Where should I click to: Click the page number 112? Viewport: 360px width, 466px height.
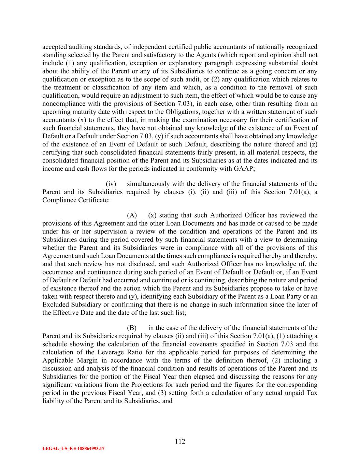coord(180,441)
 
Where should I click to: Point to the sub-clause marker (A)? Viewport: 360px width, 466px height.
coord(132,215)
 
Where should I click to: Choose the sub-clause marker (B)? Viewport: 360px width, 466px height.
coord(132,328)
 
